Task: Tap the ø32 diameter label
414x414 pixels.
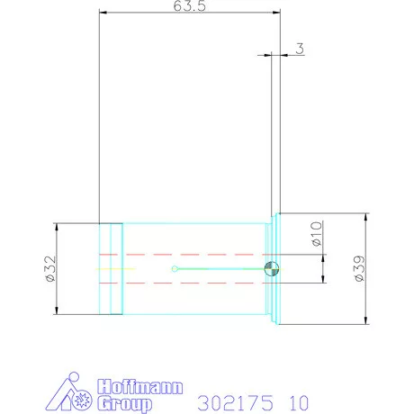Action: click(x=49, y=268)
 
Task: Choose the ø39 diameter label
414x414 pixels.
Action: click(x=359, y=269)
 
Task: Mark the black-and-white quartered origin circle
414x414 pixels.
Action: click(x=272, y=268)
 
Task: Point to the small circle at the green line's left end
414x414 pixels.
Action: click(x=174, y=268)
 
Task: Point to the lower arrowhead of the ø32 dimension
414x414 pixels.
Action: click(x=57, y=311)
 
